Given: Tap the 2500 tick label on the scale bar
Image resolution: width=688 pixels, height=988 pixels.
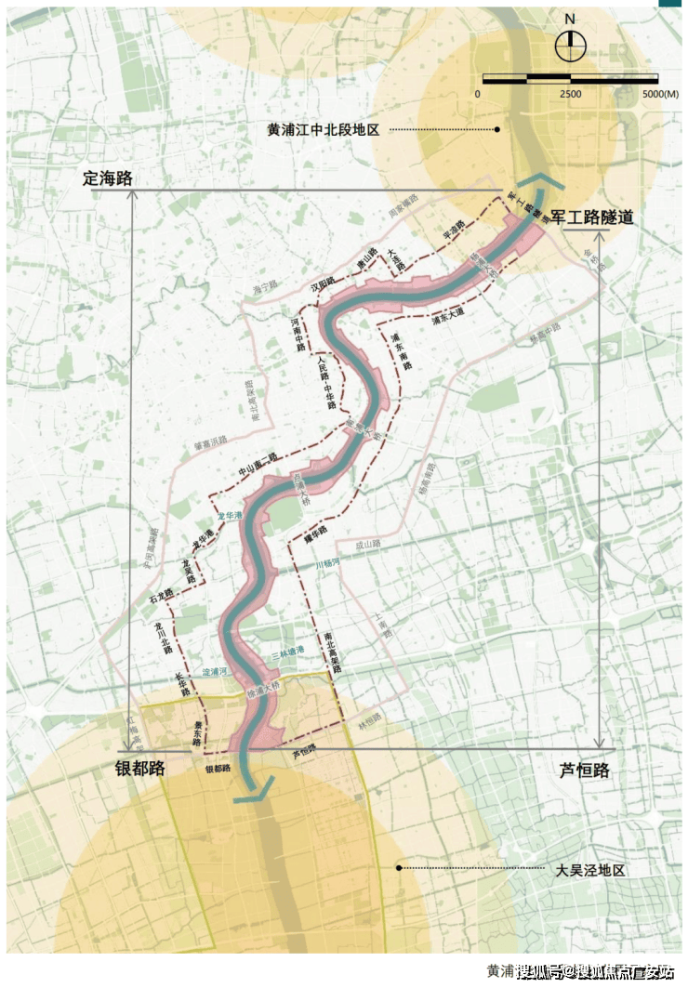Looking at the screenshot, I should click(570, 95).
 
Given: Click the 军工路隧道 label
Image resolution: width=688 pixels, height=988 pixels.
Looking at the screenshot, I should click(592, 217).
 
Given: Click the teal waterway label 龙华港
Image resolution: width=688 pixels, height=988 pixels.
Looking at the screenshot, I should click(229, 516).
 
